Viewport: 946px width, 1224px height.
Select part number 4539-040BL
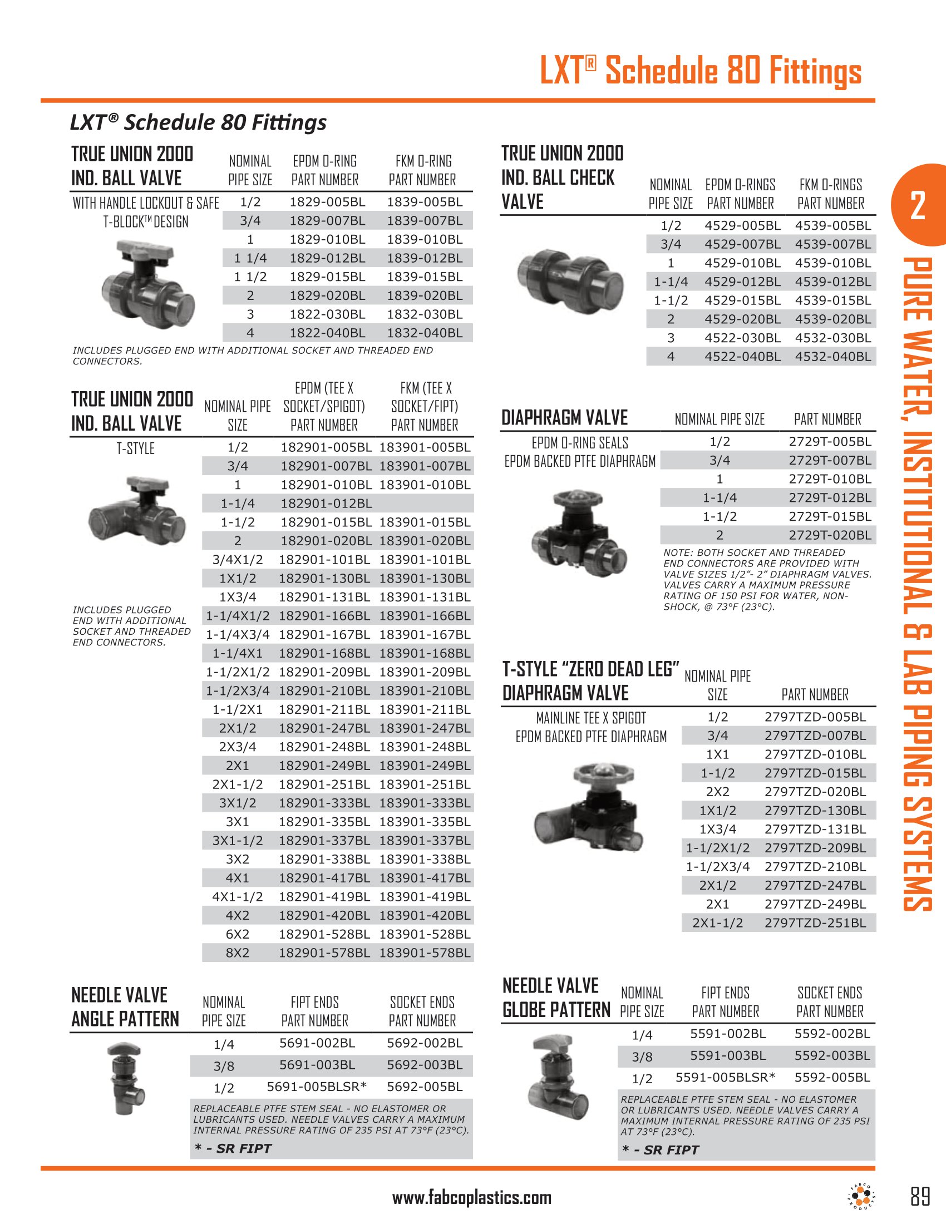click(x=833, y=357)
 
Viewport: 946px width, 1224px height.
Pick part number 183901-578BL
click(x=425, y=952)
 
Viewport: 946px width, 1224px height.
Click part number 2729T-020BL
click(x=830, y=535)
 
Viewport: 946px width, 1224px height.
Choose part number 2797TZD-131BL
click(x=815, y=829)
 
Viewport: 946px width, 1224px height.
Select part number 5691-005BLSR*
click(x=317, y=1087)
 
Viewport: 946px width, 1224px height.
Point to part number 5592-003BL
click(x=832, y=1055)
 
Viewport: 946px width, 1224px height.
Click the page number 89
click(x=920, y=1197)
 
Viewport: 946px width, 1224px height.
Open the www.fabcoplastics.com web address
click(x=472, y=1198)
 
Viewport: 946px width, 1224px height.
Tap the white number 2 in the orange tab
click(x=918, y=206)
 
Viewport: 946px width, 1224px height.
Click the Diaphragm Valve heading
click(x=564, y=418)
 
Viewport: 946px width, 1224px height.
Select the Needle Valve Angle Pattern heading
click(x=125, y=1006)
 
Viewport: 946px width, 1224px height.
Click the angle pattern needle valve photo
click(x=126, y=1078)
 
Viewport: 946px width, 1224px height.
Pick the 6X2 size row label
click(x=238, y=934)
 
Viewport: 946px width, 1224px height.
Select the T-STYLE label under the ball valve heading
click(x=135, y=448)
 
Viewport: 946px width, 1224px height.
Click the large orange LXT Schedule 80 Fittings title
click(x=701, y=71)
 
